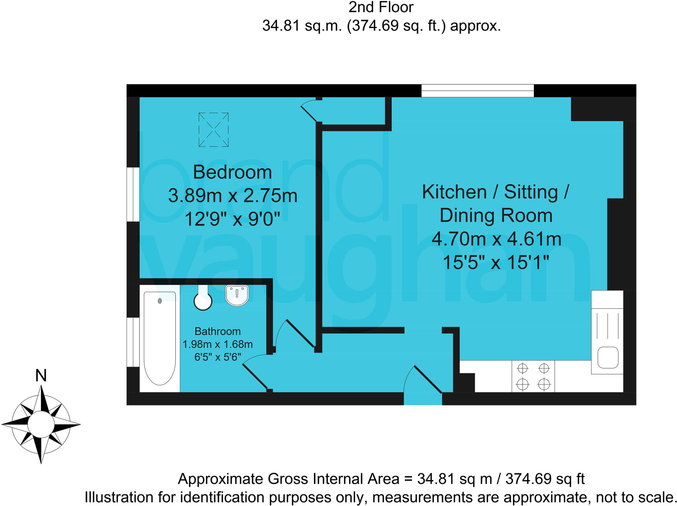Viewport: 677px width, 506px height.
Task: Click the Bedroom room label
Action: [x=232, y=172]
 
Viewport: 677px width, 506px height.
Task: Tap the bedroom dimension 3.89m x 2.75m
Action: [x=232, y=196]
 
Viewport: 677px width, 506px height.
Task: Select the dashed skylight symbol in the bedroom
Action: [x=213, y=129]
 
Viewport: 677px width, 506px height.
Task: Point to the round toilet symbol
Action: [x=203, y=301]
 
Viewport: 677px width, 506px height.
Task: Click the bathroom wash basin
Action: [x=237, y=295]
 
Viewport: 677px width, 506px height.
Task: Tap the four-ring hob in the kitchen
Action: [x=533, y=376]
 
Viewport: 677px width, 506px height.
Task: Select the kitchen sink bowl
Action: [x=608, y=357]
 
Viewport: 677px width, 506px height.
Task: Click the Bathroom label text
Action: [x=218, y=331]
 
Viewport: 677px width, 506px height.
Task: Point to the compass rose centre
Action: [x=41, y=424]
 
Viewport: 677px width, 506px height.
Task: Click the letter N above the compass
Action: [x=41, y=376]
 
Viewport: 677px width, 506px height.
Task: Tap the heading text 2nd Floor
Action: [x=381, y=7]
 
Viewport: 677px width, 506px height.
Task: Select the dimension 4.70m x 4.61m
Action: [x=496, y=239]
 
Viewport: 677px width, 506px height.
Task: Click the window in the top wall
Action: [x=477, y=90]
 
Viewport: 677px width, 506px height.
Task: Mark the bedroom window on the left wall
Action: [x=133, y=194]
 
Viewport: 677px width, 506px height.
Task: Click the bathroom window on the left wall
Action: [x=133, y=342]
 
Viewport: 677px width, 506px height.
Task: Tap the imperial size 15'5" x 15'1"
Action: [x=496, y=263]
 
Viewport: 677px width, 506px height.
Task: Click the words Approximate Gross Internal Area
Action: [x=288, y=479]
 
